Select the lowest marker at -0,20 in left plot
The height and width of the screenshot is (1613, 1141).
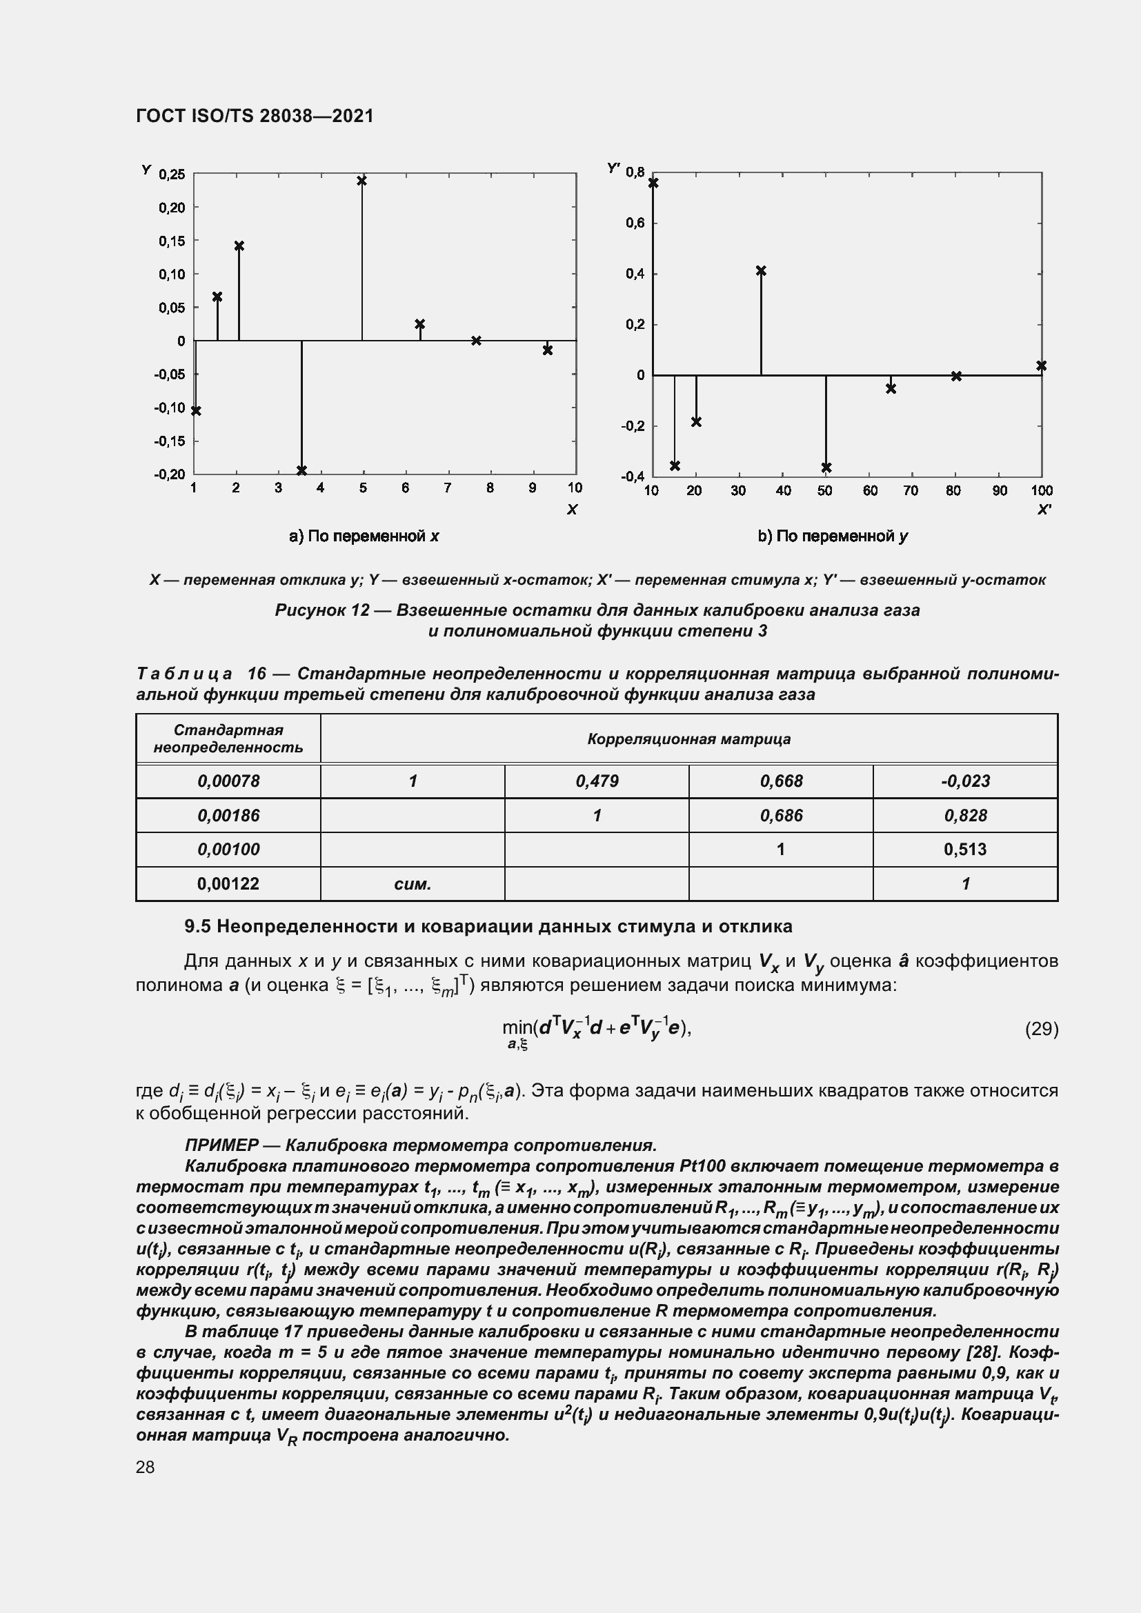pos(301,471)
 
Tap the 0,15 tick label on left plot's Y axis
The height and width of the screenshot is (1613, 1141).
pos(172,241)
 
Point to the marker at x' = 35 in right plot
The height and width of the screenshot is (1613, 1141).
pos(761,271)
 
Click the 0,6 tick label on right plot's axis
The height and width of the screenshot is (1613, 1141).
pos(635,223)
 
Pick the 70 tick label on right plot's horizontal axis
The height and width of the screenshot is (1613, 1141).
pos(910,490)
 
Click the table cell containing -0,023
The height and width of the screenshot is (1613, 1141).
pos(964,781)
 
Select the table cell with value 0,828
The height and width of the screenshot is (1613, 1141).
pos(964,816)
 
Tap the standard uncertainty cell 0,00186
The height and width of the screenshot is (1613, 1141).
pos(228,816)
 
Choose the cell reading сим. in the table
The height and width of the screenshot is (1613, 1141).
pos(413,884)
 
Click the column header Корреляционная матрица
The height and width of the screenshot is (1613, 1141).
pos(688,739)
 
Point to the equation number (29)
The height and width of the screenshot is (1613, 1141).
pos(1041,1029)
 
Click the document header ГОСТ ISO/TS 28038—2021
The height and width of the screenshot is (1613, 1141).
pos(255,116)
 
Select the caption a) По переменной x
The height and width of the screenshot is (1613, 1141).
pos(364,537)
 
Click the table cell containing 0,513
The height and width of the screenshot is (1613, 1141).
pos(964,850)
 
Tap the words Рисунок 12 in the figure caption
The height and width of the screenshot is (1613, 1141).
pos(321,610)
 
